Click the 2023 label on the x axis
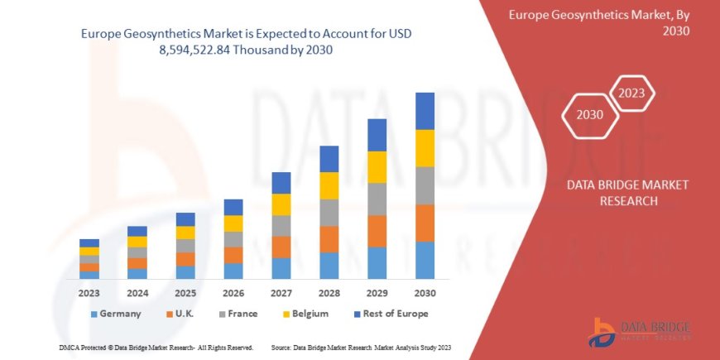click(89, 292)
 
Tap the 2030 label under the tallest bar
click(425, 292)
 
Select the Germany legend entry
click(115, 314)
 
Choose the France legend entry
click(238, 314)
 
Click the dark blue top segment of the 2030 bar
click(425, 111)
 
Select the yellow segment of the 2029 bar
click(377, 167)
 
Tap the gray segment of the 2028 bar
click(329, 213)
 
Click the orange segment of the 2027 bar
click(281, 247)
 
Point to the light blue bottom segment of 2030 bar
click(425, 260)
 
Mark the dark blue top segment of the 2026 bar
click(233, 207)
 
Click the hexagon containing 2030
click(589, 115)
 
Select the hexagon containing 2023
click(632, 92)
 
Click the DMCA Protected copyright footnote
click(156, 348)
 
